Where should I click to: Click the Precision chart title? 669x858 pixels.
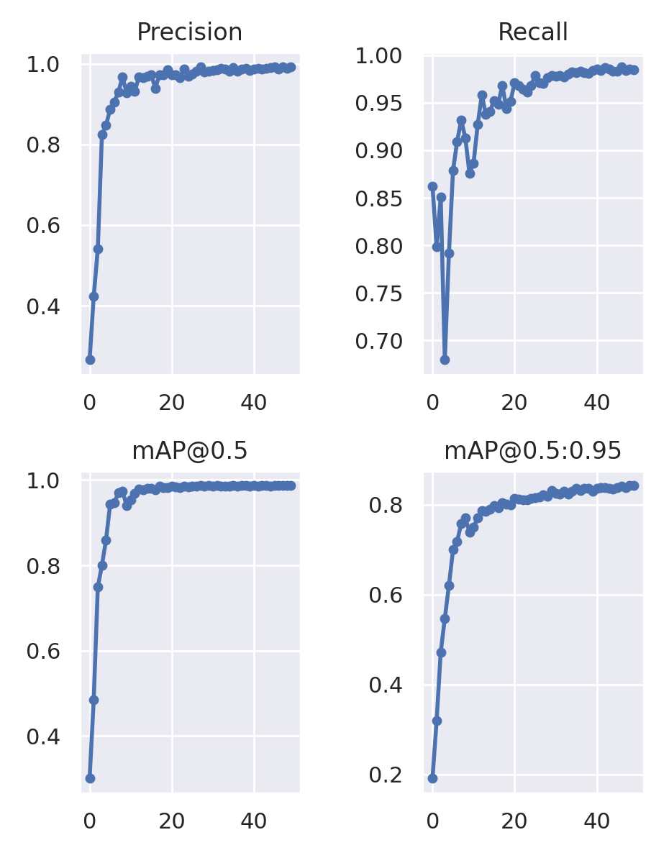189,32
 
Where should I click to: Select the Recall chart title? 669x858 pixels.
533,32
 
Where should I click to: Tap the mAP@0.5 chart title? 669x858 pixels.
189,451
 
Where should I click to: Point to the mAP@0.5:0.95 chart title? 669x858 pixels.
533,451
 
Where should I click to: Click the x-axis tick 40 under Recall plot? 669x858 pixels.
596,403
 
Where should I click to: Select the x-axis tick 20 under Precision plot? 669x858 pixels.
172,403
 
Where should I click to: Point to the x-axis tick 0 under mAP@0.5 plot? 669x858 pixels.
90,821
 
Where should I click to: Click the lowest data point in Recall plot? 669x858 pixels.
445,360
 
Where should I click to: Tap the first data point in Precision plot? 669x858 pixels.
90,360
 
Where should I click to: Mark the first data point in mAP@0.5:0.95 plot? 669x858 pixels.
432,778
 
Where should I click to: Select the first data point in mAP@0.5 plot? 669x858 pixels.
90,778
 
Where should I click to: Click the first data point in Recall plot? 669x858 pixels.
432,186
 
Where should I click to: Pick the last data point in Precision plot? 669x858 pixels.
291,67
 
